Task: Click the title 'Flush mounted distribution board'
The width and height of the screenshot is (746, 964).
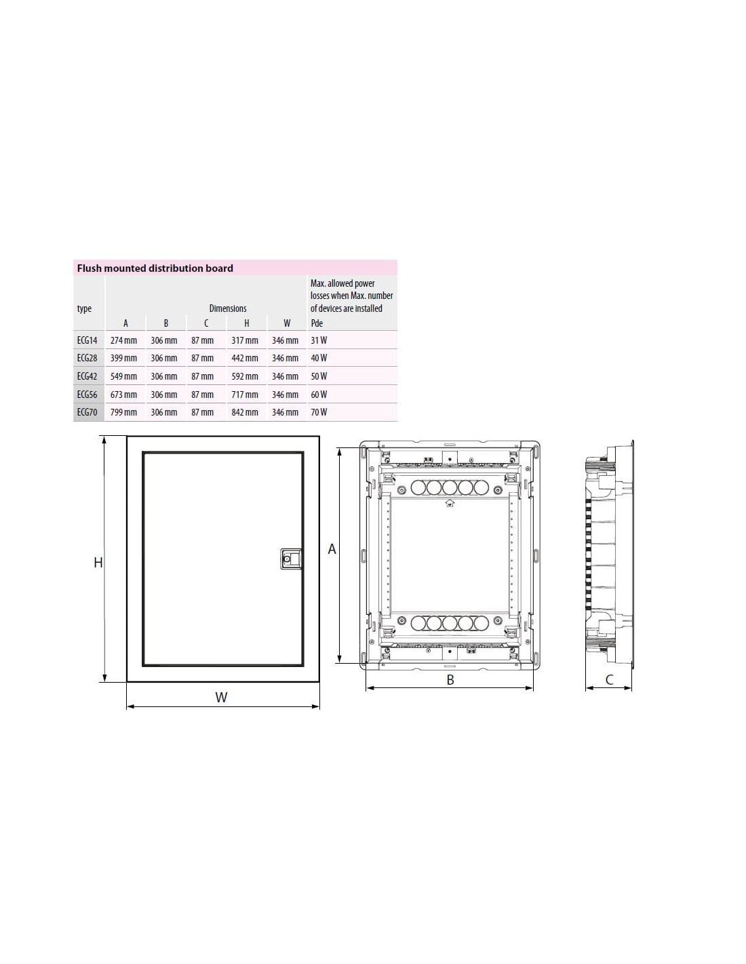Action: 155,268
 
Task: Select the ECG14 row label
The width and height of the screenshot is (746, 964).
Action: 87,340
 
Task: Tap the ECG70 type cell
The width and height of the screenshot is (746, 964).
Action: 87,412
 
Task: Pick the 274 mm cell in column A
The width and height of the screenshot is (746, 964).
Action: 123,340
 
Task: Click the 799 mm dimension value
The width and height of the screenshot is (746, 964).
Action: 123,412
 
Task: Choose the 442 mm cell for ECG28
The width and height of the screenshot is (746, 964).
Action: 245,358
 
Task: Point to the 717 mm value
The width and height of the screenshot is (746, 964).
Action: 245,395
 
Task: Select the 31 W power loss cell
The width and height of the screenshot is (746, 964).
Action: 319,340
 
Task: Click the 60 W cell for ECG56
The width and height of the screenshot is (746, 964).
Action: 319,395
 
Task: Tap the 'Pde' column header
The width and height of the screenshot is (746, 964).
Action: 317,323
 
